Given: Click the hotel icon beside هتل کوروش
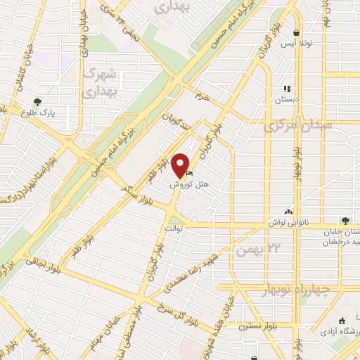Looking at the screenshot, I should (x=191, y=173).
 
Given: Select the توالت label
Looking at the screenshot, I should (x=174, y=228).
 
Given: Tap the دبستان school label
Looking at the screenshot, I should (x=286, y=100).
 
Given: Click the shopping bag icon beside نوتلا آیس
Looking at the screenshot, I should (x=298, y=33).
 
